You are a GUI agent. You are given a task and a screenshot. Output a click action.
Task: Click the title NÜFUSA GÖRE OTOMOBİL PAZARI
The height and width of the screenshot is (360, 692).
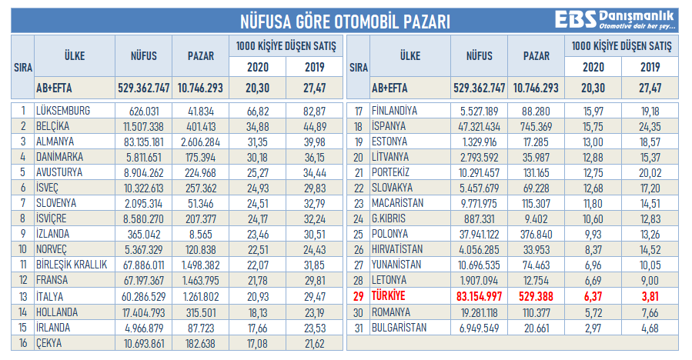pyautogui.click(x=346, y=21)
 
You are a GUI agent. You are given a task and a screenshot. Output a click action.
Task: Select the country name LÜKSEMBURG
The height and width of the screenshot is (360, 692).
pyautogui.click(x=63, y=111)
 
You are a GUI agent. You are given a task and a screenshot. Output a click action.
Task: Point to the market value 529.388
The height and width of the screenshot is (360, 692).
pyautogui.click(x=536, y=296)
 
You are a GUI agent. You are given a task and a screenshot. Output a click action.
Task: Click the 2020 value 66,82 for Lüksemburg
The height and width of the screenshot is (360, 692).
pyautogui.click(x=257, y=111)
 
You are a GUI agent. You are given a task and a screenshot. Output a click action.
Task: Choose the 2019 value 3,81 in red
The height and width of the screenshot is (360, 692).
pyautogui.click(x=650, y=296)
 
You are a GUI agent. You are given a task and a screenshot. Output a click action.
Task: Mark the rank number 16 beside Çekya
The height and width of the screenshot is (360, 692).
pyautogui.click(x=23, y=342)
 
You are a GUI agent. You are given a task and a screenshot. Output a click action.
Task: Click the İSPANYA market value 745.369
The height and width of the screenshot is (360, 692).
pyautogui.click(x=536, y=125)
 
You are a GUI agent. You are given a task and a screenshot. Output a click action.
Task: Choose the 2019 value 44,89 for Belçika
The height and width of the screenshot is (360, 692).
pyautogui.click(x=314, y=125)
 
